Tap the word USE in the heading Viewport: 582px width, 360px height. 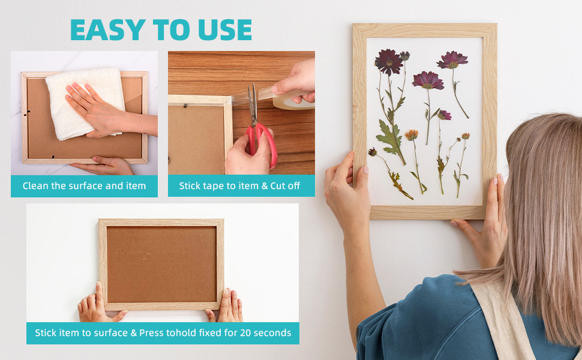point(225,29)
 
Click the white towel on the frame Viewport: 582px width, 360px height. point(85,103)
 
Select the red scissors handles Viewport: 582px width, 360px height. point(262,143)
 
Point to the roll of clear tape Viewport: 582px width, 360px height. point(293,100)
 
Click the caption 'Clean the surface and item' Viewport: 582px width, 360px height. point(84,186)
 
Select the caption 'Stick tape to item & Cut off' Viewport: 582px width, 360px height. point(239,186)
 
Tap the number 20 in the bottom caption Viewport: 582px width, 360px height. point(245,333)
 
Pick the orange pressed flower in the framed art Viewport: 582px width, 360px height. point(411,135)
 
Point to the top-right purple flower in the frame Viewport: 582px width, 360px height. point(452,60)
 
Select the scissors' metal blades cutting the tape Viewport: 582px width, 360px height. point(253,104)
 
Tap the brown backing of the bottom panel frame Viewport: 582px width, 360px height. point(161,264)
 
